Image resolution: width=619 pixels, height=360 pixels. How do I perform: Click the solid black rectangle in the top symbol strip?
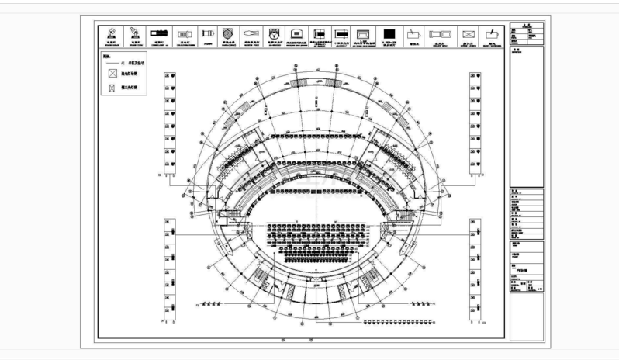click(x=391, y=36)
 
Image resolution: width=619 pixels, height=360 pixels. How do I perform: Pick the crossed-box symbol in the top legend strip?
click(x=468, y=36)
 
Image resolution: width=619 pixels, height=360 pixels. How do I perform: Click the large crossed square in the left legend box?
click(x=113, y=71)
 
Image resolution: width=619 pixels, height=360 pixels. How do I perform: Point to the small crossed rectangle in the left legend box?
click(x=113, y=89)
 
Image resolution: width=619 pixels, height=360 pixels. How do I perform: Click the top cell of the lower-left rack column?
click(x=169, y=225)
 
